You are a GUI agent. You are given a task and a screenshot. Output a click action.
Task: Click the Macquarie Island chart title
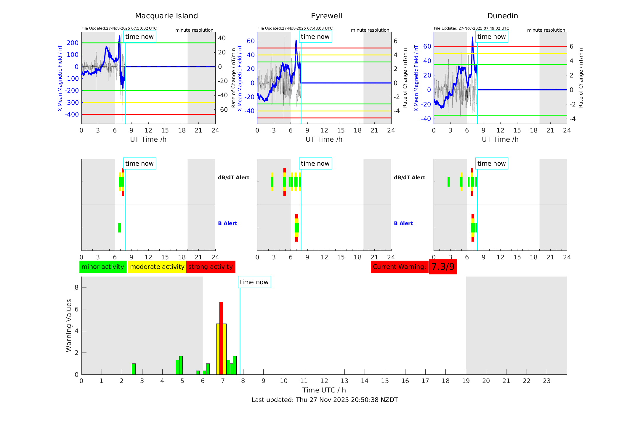[166, 16]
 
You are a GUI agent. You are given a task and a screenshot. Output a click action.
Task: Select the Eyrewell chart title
[326, 16]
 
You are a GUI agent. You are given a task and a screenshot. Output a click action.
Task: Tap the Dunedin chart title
[502, 16]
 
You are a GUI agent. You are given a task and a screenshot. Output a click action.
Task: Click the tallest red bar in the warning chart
[221, 337]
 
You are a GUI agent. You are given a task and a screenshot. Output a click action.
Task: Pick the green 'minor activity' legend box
[103, 267]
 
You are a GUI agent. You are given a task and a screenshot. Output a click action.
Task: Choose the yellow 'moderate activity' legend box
[157, 267]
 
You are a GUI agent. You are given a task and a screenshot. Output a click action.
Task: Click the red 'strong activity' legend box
[211, 267]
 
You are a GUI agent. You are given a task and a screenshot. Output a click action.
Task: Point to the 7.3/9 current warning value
[443, 267]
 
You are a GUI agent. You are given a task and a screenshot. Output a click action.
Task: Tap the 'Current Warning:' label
[399, 267]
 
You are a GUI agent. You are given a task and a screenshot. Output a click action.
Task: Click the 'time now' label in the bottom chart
[254, 282]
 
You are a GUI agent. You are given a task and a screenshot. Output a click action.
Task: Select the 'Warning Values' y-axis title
[69, 325]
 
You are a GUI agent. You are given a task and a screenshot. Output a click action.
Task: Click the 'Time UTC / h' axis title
[324, 390]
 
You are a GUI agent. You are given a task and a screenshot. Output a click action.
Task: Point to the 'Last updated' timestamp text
[325, 400]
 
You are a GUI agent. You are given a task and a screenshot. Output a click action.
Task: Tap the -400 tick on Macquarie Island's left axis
[72, 114]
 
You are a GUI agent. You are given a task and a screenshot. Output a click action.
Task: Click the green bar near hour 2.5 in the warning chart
[134, 369]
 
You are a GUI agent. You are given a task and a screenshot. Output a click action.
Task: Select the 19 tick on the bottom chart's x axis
[466, 381]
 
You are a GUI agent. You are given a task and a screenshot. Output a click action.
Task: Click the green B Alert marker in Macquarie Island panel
[119, 228]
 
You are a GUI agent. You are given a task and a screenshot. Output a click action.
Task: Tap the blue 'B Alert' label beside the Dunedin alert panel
[403, 223]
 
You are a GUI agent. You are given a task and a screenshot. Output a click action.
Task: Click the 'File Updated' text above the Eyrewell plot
[295, 28]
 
